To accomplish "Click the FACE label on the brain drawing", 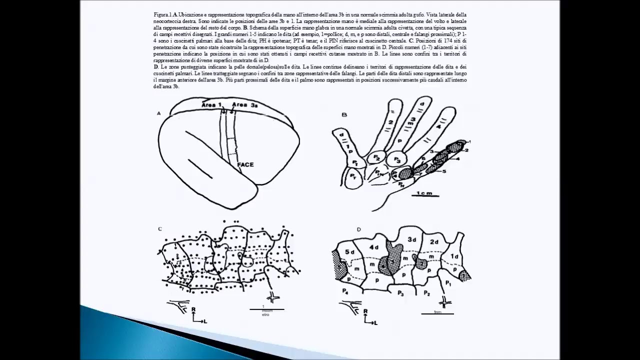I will (x=245, y=164).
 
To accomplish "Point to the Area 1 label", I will (x=211, y=104).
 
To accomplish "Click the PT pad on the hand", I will (x=353, y=177).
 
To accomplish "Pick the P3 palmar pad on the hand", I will (x=397, y=160).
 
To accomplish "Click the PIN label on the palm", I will (x=379, y=174).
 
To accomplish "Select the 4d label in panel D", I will (x=374, y=247).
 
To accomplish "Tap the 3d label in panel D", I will (x=411, y=239).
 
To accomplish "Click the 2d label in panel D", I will (x=434, y=242).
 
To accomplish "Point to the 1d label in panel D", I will (x=454, y=256).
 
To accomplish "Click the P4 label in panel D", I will (x=345, y=291).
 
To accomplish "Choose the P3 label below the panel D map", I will (x=401, y=293).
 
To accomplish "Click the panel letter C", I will (x=160, y=229).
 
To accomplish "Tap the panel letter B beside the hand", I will (x=344, y=114).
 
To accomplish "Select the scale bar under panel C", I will (x=266, y=309).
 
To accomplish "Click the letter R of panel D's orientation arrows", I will (x=366, y=311).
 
